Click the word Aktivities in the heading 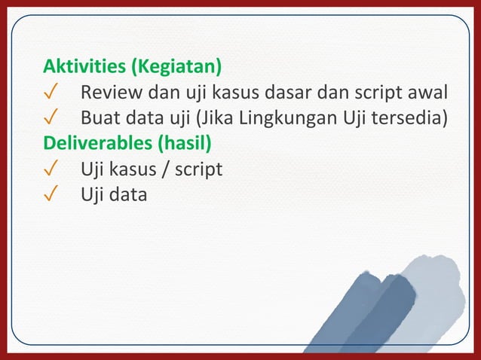84,68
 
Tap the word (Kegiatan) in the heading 176,68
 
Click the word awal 427,93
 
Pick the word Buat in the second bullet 99,118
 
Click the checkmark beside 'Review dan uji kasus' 51,93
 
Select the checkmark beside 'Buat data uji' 51,118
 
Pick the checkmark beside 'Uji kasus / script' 51,169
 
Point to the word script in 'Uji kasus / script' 198,169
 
